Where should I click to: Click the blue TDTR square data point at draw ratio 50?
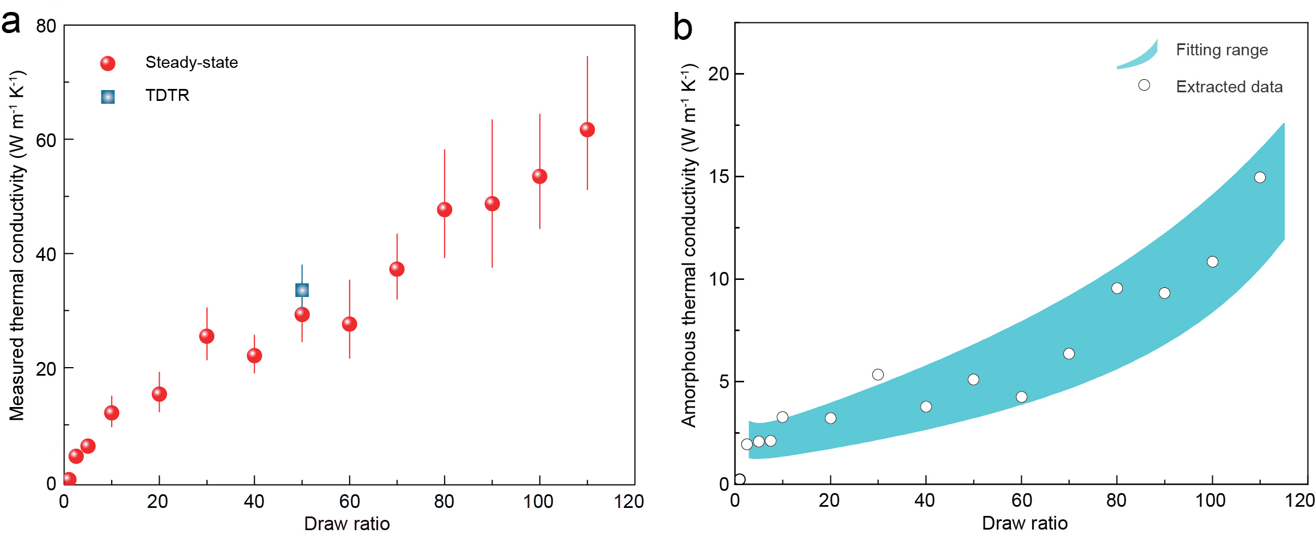point(302,290)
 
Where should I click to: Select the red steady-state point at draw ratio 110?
point(587,130)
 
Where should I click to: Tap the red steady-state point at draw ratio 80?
point(445,210)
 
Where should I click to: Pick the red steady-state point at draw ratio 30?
point(207,336)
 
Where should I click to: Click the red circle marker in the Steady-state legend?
point(108,63)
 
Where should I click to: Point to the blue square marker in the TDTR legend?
point(108,97)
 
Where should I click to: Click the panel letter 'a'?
point(11,23)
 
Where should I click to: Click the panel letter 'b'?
point(683,27)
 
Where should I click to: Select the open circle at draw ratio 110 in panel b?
point(1260,178)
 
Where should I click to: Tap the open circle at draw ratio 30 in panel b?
point(878,375)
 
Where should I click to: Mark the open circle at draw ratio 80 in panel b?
point(1117,288)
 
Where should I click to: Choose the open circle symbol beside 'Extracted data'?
point(1144,86)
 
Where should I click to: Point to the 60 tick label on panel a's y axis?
point(46,140)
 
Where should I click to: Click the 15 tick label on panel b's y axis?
point(718,177)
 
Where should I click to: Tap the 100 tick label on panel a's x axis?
point(538,502)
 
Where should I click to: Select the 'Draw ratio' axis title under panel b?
point(1025,523)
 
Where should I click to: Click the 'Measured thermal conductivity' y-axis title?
point(18,245)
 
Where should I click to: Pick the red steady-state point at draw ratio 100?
point(539,177)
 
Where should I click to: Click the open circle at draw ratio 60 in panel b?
point(1022,397)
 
